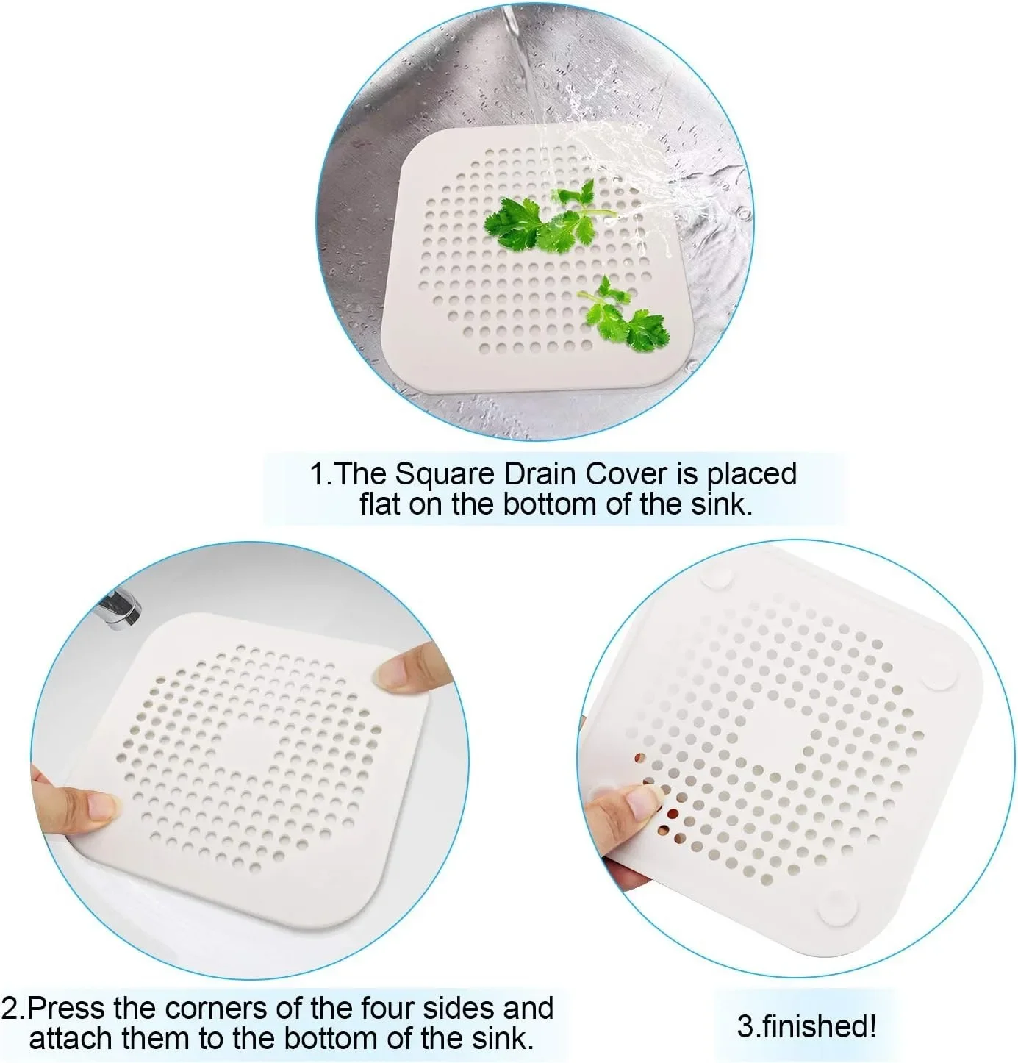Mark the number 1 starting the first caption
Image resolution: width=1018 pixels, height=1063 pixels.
[317, 474]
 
